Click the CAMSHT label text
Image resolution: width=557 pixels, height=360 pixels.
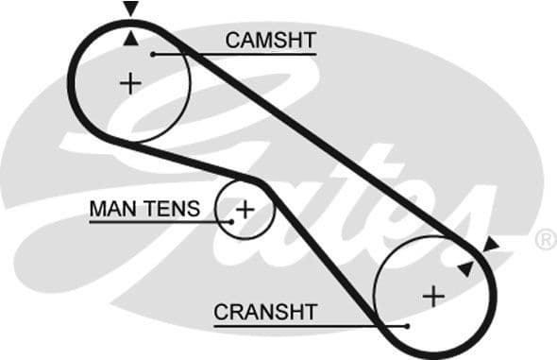coord(270,40)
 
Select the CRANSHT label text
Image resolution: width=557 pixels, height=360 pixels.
coord(265,311)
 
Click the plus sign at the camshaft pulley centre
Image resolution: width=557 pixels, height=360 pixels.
coord(130,83)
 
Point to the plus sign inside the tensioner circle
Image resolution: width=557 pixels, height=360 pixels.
coord(245,208)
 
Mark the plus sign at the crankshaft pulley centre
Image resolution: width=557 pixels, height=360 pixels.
coord(432,296)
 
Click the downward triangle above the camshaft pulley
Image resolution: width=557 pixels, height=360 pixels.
coord(130,9)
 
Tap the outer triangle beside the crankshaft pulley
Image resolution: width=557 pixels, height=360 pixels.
coord(490,246)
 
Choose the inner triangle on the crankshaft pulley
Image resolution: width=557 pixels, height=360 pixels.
coord(464,268)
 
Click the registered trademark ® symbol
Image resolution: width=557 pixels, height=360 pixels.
coord(545,240)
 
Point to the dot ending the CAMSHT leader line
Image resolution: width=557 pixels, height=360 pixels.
coord(152,54)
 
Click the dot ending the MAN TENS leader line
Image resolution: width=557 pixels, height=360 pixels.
coord(229,222)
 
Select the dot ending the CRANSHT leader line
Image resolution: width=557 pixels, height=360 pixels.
coord(406,326)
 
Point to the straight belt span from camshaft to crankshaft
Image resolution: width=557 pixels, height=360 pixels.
coord(321,132)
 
